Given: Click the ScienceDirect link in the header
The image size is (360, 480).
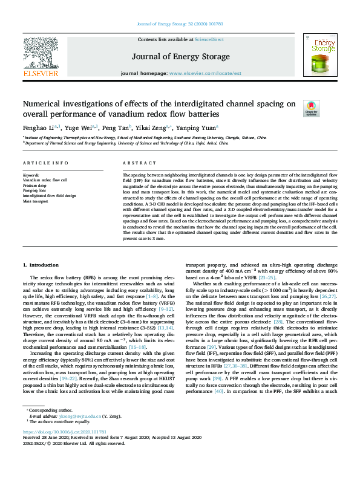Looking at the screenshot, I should click(209, 39).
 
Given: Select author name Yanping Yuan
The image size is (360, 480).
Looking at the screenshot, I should click(195, 128).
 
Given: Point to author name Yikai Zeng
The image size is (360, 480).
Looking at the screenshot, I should click(152, 128).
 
